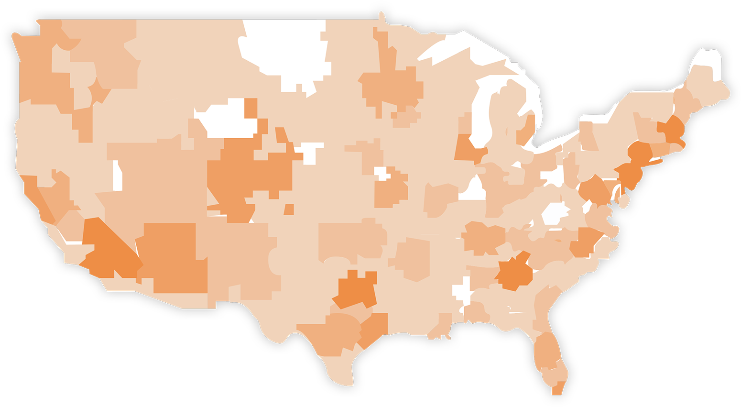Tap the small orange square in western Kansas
pyautogui.click(x=289, y=209)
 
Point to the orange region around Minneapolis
pyautogui.click(x=387, y=86)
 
